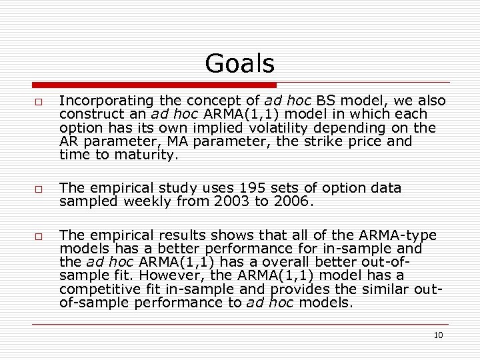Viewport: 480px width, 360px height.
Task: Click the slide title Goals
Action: pyautogui.click(x=239, y=64)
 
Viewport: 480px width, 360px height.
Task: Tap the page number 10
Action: pyautogui.click(x=438, y=335)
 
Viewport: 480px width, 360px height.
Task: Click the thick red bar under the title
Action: pyautogui.click(x=154, y=85)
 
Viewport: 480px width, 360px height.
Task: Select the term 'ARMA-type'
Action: pyautogui.click(x=398, y=235)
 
